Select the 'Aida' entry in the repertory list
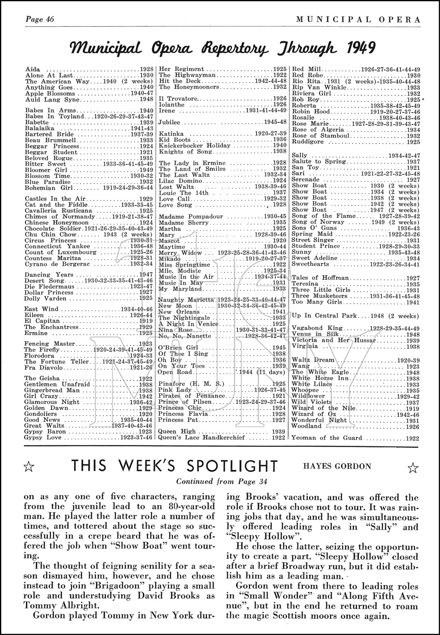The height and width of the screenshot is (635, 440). tap(32, 70)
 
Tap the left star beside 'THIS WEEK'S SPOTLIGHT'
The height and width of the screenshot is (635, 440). tap(28, 467)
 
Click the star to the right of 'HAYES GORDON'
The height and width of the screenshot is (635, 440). tap(412, 467)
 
